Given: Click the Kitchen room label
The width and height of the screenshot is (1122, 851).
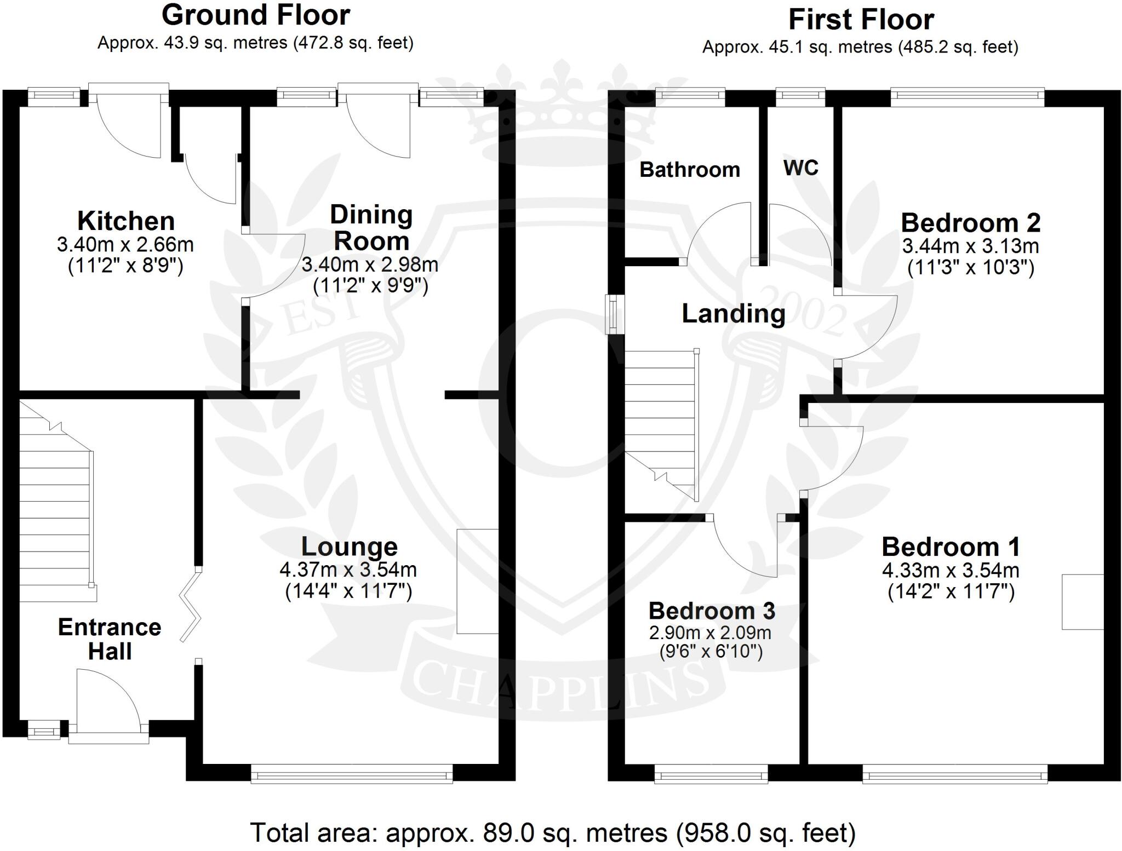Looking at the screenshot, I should click(x=126, y=221).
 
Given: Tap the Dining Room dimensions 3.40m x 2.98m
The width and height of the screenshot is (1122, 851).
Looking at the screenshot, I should click(x=370, y=265).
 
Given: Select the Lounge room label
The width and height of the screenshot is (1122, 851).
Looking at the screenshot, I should click(x=350, y=547).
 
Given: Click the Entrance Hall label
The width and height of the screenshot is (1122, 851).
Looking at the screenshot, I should click(x=110, y=639).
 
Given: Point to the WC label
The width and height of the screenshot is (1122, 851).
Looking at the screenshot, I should click(x=801, y=168).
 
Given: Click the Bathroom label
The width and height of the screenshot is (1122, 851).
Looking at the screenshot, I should click(x=690, y=170).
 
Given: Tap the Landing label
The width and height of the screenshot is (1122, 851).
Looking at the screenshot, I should click(x=734, y=314).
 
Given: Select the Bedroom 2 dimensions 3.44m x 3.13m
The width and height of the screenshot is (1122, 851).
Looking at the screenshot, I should click(x=970, y=246).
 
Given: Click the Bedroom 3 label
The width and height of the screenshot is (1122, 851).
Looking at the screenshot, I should click(x=712, y=611).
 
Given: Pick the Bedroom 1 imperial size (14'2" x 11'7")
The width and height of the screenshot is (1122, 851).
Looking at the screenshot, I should click(x=951, y=592).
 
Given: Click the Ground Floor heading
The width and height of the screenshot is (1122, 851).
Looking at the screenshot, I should click(x=256, y=15).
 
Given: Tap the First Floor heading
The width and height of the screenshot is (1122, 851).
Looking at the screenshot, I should click(x=861, y=20).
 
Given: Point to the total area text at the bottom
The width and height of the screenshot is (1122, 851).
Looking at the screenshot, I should click(x=553, y=833).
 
